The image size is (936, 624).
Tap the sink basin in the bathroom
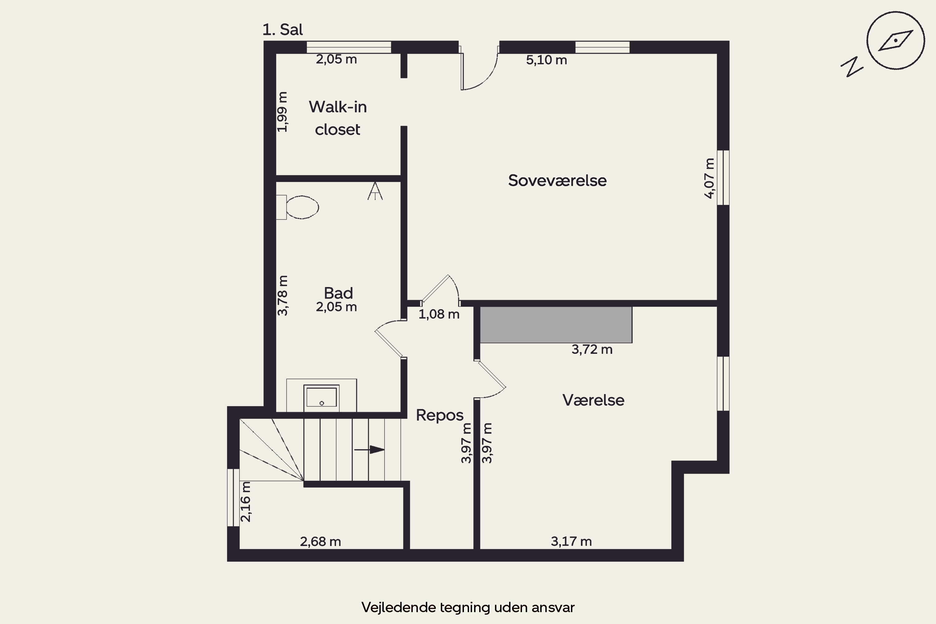[x=322, y=397]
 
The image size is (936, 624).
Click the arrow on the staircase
[x=369, y=450]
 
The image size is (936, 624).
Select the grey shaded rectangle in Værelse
[x=556, y=324]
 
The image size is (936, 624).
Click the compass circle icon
[x=895, y=41]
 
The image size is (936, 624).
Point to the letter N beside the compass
[x=852, y=67]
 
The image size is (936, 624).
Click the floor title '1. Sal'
[x=283, y=29]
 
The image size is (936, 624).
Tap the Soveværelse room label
[x=557, y=180]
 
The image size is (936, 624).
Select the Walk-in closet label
[x=338, y=118]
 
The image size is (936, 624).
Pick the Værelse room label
[x=593, y=400]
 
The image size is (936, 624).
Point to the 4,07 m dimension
[x=709, y=178]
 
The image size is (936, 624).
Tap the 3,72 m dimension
[x=592, y=349]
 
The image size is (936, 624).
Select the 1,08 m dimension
[x=439, y=314]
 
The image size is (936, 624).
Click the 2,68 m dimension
[x=320, y=542]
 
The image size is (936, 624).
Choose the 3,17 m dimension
[x=571, y=541]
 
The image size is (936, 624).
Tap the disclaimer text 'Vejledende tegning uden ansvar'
[x=468, y=607]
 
